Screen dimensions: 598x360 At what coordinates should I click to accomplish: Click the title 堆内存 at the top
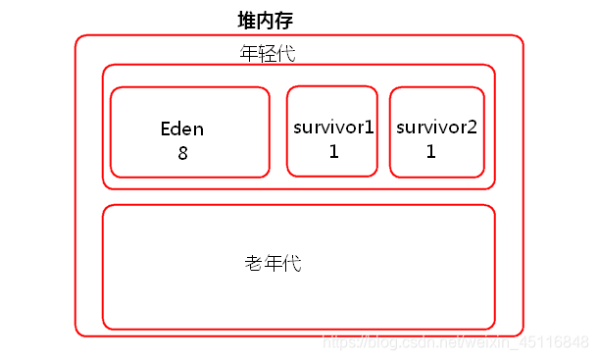coord(266,21)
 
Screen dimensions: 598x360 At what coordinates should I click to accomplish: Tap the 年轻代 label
coord(268,53)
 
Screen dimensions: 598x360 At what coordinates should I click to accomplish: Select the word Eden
coord(182,129)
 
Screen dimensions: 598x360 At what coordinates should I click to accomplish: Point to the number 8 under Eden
coord(182,153)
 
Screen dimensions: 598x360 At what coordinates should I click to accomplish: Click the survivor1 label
coord(333,128)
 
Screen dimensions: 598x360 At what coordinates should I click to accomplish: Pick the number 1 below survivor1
coord(333,151)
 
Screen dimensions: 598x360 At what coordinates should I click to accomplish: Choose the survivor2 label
coord(436,128)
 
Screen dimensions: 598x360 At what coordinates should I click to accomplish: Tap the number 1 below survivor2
coord(431,151)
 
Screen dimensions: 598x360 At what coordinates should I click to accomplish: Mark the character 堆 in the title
coord(247,21)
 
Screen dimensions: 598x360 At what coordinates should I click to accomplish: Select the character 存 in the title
coord(284,21)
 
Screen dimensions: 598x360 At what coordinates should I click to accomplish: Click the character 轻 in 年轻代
coord(268,53)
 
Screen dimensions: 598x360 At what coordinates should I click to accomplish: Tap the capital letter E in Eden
coord(166,129)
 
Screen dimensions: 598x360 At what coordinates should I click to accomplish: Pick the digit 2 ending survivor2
coord(472,128)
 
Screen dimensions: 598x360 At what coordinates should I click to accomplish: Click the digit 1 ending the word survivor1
coord(370,128)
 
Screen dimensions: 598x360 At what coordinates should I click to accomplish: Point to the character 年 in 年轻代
coord(249,53)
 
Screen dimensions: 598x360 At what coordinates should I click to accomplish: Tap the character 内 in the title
coord(266,21)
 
